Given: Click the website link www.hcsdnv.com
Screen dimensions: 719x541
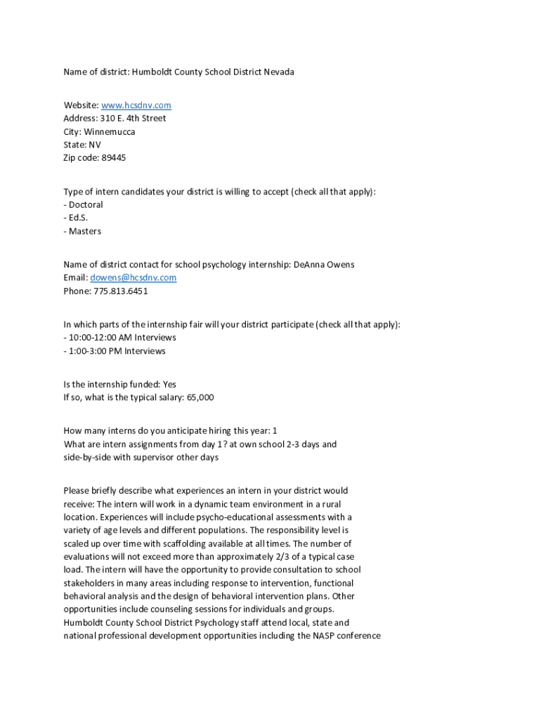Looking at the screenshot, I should [136, 105].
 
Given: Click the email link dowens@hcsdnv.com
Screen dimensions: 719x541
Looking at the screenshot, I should [133, 277].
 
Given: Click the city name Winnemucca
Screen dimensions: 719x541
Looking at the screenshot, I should [109, 132].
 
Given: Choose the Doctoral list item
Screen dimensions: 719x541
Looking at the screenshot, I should [86, 205].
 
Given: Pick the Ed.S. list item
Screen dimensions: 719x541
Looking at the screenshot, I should [78, 218].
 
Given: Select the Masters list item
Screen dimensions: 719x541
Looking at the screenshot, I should [85, 231].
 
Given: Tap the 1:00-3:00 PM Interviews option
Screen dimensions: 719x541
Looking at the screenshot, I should [117, 351].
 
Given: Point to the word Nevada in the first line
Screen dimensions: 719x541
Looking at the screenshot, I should [279, 72].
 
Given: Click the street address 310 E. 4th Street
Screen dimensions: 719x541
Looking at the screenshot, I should [133, 119].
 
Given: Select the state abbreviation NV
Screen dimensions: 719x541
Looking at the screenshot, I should [95, 145].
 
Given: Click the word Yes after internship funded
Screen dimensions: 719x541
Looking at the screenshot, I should [169, 384].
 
